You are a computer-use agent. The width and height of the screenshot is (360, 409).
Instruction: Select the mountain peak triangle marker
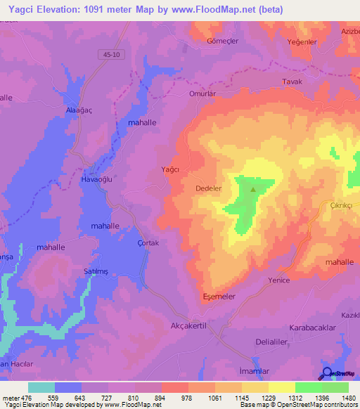point(253,188)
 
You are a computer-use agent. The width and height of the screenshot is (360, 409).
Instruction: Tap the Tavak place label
point(291,82)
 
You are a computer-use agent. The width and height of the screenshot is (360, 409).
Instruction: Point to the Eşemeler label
point(219,296)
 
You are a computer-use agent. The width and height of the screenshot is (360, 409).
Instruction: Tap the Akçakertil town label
point(191,325)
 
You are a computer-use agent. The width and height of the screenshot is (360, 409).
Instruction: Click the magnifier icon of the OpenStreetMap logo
point(328,372)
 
